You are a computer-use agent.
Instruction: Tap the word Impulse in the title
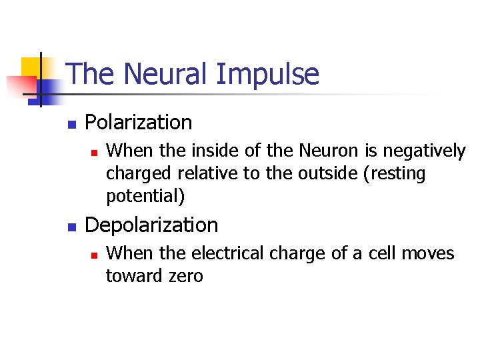pos(267,75)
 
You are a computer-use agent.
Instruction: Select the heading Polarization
pos(139,123)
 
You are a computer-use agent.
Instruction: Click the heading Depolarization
pos(151,225)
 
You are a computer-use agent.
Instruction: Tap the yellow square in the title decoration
pos(32,68)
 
